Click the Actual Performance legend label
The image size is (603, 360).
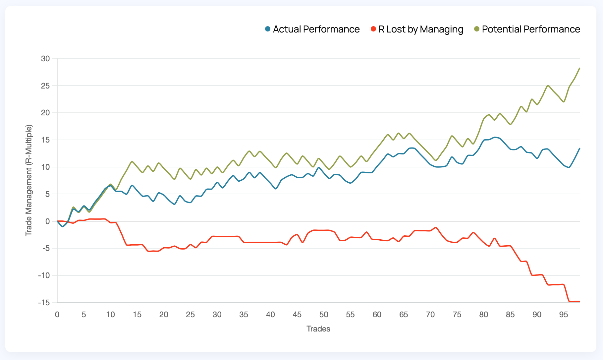[x=316, y=29]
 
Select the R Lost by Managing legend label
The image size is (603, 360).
[x=420, y=29]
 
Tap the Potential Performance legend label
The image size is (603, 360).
[x=531, y=29]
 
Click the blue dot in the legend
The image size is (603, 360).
[x=268, y=29]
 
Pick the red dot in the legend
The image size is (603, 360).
[x=373, y=29]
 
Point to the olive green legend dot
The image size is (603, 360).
[x=477, y=29]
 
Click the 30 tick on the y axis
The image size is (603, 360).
[x=45, y=59]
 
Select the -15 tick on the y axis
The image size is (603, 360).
[x=44, y=303]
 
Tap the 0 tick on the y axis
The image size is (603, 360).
[x=47, y=221]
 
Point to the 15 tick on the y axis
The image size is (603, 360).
[x=45, y=140]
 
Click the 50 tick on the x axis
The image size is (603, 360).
[x=324, y=315]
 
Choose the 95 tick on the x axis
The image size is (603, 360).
[x=564, y=315]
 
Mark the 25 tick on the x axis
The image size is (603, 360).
[x=191, y=315]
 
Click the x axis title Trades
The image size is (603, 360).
[x=318, y=329]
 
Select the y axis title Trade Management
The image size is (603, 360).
[x=29, y=181]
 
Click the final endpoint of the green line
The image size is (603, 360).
[x=579, y=68]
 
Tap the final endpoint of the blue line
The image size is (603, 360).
[x=579, y=148]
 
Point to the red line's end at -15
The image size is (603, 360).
[x=579, y=301]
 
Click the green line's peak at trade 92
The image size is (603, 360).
[x=548, y=86]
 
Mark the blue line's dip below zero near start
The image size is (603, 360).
[x=63, y=226]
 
